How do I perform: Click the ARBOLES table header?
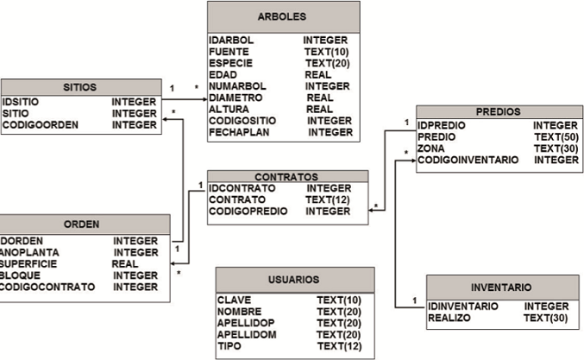(283, 17)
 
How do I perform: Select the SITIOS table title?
(80, 87)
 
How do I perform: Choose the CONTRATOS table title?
(286, 176)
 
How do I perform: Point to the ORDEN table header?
(83, 224)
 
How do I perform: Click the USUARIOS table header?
(294, 280)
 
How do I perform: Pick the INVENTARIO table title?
(501, 287)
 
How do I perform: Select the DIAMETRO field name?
(235, 98)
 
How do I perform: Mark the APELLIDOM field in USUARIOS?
(248, 334)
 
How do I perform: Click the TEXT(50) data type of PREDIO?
(556, 137)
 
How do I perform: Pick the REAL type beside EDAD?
(318, 75)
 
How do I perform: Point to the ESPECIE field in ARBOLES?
(230, 63)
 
